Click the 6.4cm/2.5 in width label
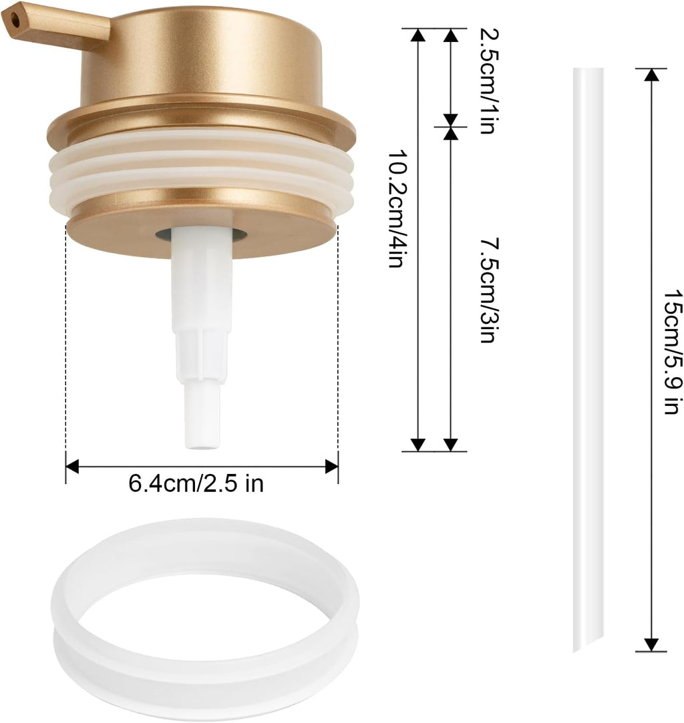coord(196,483)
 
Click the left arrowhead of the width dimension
coord(72,466)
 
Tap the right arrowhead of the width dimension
coord(331,466)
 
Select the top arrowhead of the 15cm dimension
coord(651,74)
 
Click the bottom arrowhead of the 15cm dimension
coord(651,644)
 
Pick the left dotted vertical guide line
coord(66,347)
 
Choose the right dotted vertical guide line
coord(337,347)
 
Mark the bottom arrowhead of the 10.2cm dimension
coord(418,445)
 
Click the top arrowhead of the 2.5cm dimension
coord(451,35)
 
